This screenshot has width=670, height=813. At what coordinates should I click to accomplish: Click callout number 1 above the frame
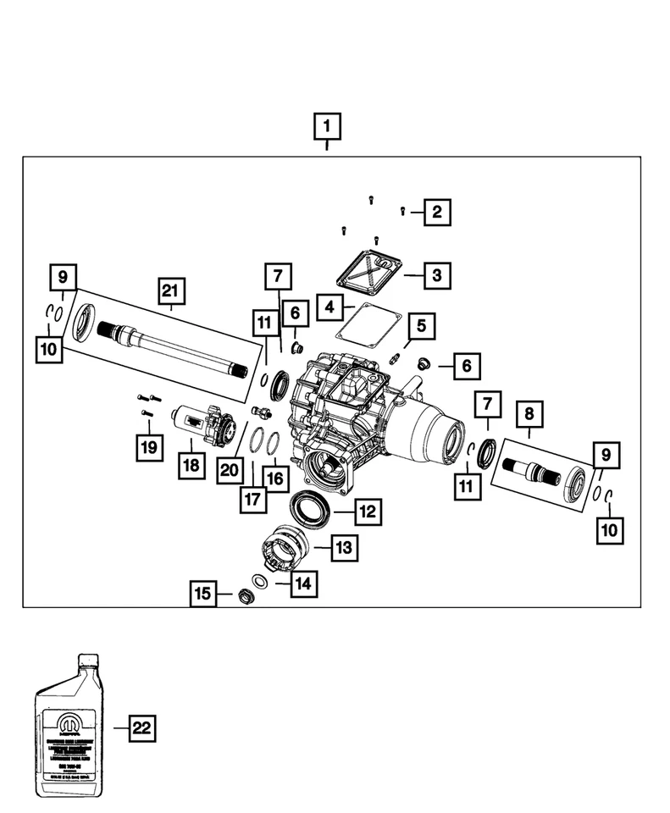(x=327, y=127)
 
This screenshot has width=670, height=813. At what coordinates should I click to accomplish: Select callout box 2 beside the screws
(x=437, y=212)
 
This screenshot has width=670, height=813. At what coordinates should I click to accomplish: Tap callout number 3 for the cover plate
(x=436, y=275)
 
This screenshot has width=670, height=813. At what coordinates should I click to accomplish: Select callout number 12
(x=366, y=512)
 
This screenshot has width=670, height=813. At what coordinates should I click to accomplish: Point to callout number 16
(x=275, y=478)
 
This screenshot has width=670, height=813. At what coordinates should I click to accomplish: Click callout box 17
(x=252, y=500)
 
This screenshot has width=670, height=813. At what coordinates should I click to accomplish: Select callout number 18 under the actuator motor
(x=191, y=466)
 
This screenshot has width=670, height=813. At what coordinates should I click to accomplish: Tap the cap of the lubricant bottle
(x=88, y=661)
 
